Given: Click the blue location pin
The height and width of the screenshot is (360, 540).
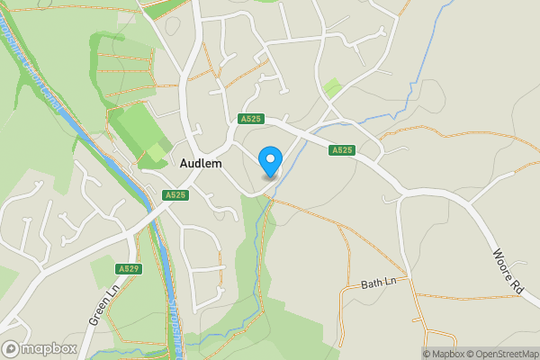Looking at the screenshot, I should click(x=269, y=161).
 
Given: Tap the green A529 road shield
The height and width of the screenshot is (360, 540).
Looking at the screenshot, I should click(x=129, y=268).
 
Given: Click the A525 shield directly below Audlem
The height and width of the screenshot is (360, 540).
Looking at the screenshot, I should click(x=175, y=194).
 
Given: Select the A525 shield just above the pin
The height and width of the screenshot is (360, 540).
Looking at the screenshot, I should click(x=251, y=119).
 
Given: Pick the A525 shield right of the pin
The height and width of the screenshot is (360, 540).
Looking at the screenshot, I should click(x=341, y=150).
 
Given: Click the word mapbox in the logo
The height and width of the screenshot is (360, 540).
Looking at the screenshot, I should click(x=50, y=348).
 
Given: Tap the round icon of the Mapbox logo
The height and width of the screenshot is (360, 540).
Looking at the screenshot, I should click(x=12, y=348).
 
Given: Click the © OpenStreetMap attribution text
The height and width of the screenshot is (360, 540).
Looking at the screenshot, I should click(x=499, y=354).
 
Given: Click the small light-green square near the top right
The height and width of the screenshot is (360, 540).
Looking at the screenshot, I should click(x=333, y=87).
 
